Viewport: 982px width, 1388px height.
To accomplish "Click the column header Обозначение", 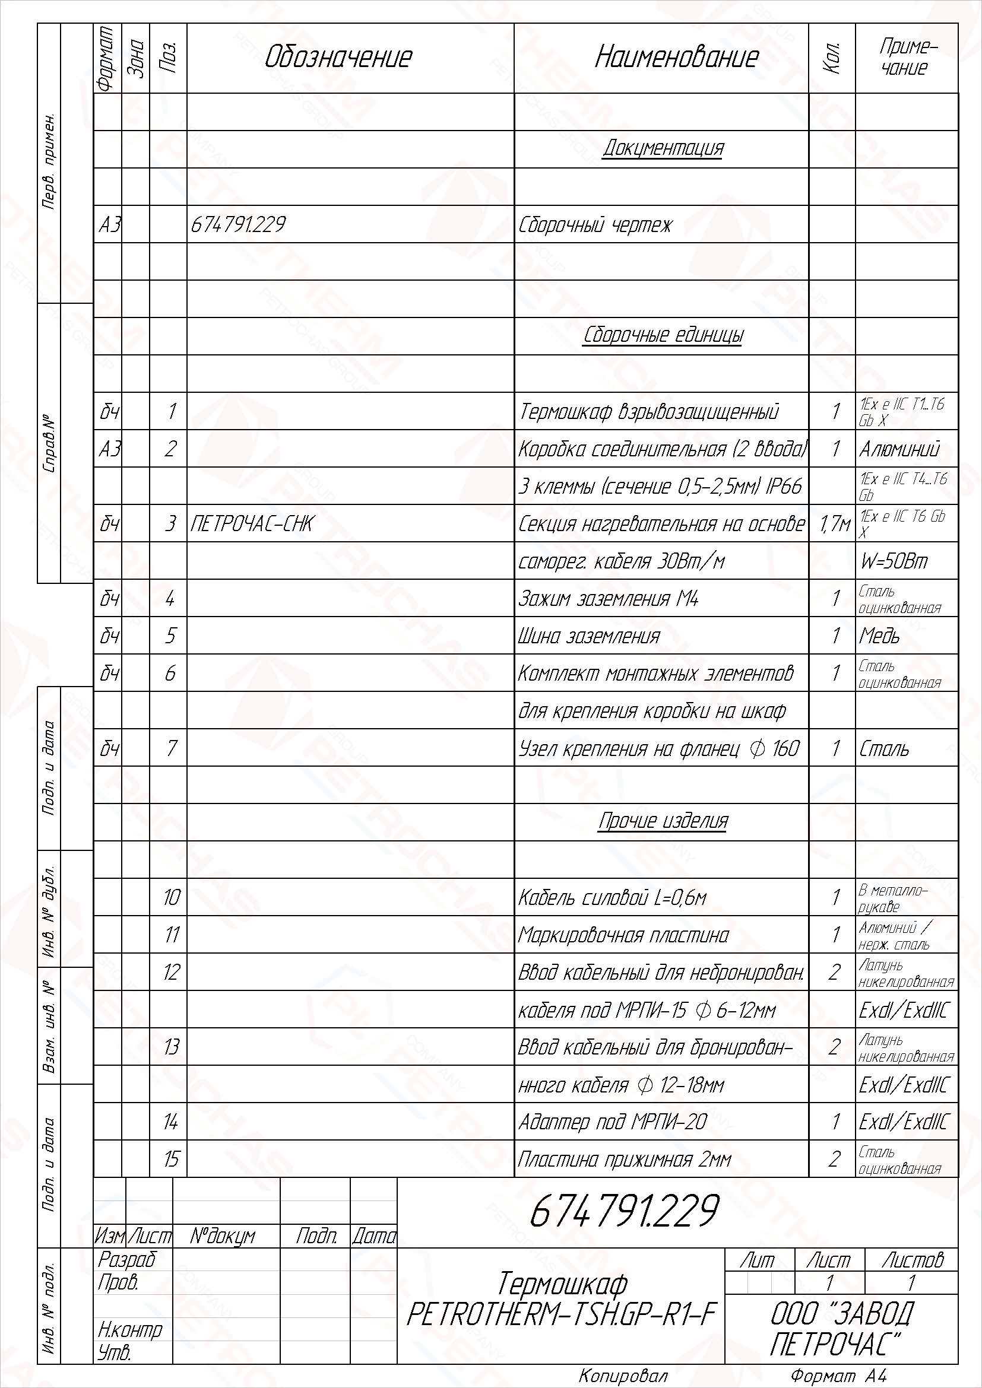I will click(338, 58).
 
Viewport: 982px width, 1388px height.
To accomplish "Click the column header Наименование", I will click(677, 58).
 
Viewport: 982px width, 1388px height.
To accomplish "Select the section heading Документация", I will click(663, 148).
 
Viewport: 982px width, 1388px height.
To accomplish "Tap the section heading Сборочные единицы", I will click(663, 335).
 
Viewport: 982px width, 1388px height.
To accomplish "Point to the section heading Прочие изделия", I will click(663, 821).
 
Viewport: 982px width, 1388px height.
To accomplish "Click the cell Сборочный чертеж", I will click(595, 225).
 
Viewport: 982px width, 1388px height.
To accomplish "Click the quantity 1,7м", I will click(834, 524).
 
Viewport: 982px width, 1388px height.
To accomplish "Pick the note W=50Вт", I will click(894, 561).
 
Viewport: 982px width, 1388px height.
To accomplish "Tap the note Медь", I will click(879, 636).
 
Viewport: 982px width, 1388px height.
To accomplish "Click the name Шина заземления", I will click(589, 637).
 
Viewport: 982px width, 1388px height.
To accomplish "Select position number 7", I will click(171, 748).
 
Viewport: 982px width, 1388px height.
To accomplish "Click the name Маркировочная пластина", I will click(623, 935).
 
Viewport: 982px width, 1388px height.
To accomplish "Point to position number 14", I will click(171, 1122).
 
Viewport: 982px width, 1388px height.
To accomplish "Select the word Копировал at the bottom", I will click(623, 1376).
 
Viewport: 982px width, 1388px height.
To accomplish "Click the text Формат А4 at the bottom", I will click(838, 1376).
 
